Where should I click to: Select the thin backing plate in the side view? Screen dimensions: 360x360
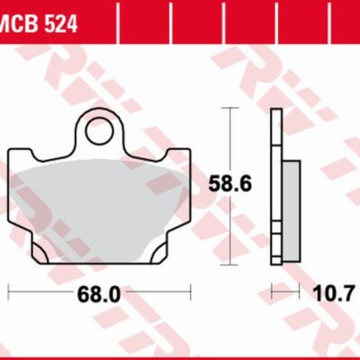(x=276, y=180)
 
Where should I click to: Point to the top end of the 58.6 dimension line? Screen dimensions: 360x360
(x=233, y=107)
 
